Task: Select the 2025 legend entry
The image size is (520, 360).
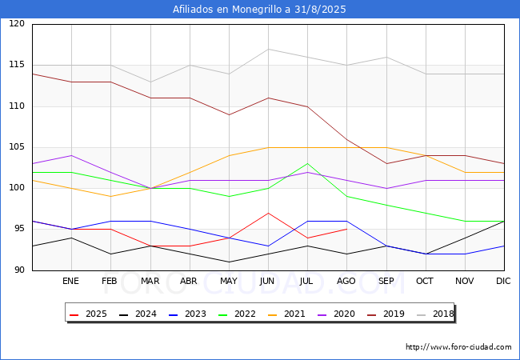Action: pyautogui.click(x=89, y=314)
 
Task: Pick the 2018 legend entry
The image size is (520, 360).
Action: pyautogui.click(x=435, y=314)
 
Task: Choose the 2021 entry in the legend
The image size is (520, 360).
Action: pyautogui.click(x=286, y=314)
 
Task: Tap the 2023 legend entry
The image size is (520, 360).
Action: pyautogui.click(x=187, y=314)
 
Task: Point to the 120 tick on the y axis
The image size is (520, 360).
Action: pyautogui.click(x=17, y=23)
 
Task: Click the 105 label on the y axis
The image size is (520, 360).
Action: pyautogui.click(x=17, y=147)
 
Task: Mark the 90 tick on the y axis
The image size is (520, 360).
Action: pyautogui.click(x=19, y=270)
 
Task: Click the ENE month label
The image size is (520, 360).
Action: pyautogui.click(x=70, y=281)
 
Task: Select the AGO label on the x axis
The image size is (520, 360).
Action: pyautogui.click(x=346, y=281)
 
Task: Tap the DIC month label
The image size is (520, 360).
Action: pyautogui.click(x=503, y=281)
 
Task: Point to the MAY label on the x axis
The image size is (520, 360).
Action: pyautogui.click(x=229, y=281)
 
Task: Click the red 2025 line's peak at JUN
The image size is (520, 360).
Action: pyautogui.click(x=268, y=213)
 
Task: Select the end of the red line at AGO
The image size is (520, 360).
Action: pyautogui.click(x=347, y=229)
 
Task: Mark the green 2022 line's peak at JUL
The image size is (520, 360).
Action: pyautogui.click(x=307, y=163)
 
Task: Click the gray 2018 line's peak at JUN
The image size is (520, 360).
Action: pyautogui.click(x=268, y=49)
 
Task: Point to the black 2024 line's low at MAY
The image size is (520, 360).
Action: pyautogui.click(x=229, y=262)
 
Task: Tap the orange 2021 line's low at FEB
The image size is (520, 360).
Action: pyautogui.click(x=110, y=196)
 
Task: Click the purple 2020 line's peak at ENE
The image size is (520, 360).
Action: pyautogui.click(x=71, y=155)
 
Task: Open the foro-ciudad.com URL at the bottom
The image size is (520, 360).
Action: pyautogui.click(x=458, y=347)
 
